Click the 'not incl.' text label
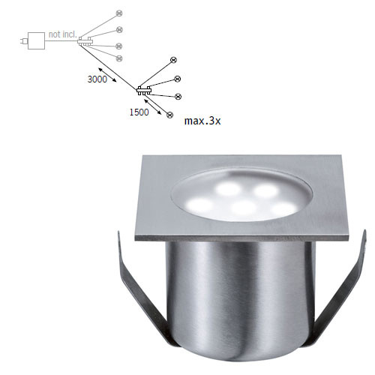pos(62,34)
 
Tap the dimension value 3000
pos(97,79)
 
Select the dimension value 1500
pos(139,112)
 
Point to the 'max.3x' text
pos(202,121)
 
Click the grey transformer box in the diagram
pos(36,40)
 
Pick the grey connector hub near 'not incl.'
pos(85,41)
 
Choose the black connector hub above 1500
pos(144,91)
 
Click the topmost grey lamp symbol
pos(119,13)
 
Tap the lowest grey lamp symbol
pos(119,58)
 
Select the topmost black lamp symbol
pos(173,60)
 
